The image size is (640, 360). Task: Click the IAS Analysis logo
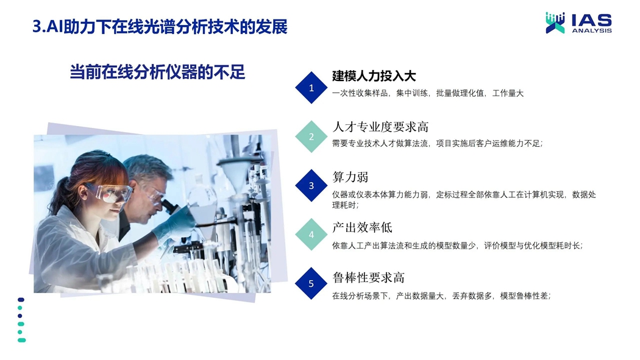coord(579,23)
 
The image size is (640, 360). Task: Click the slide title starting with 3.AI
coord(160,27)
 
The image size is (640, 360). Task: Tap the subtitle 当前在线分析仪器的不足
coord(157,72)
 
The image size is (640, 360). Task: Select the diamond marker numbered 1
coord(311,88)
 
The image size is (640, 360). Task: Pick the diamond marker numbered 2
coord(311,136)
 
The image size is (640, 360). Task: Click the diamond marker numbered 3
coord(311,186)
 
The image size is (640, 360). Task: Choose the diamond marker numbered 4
coord(311,235)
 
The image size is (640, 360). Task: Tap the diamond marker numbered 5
coord(311,283)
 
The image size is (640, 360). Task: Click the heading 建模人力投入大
coord(374,76)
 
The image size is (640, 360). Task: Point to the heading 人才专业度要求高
coord(380,127)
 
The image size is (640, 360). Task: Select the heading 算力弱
coord(350,177)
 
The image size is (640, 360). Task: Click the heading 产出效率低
coord(362,227)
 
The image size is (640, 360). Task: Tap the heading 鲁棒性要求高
coord(368,278)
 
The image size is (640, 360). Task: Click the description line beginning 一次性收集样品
coord(428,93)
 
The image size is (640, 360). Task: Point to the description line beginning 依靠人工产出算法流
coord(458,245)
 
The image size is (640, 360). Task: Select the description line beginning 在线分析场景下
coord(442,296)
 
